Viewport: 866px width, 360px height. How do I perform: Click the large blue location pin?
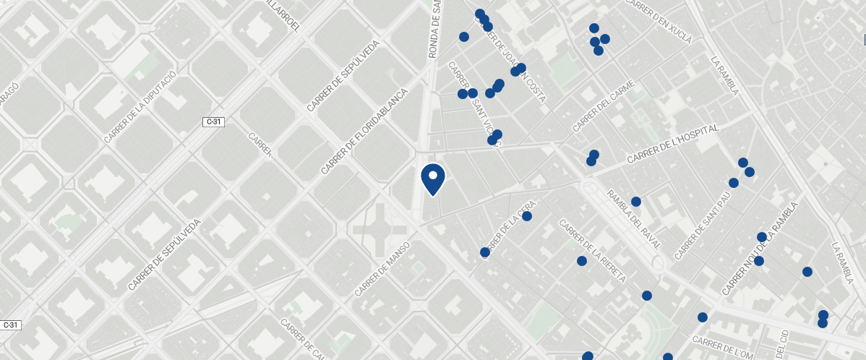(x=432, y=179)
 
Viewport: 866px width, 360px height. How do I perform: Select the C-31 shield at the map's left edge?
(x=10, y=325)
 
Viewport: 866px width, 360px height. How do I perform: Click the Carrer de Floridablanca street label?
(x=365, y=132)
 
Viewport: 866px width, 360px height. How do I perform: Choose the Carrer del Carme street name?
(x=604, y=107)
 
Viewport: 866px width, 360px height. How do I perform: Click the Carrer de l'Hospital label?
(x=673, y=143)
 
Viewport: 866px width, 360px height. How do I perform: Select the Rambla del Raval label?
(x=634, y=219)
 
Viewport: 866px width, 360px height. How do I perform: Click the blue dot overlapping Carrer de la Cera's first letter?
(x=485, y=252)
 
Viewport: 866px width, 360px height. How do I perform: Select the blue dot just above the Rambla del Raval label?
(x=636, y=202)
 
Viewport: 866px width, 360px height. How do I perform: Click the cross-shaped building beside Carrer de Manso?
(x=380, y=230)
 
